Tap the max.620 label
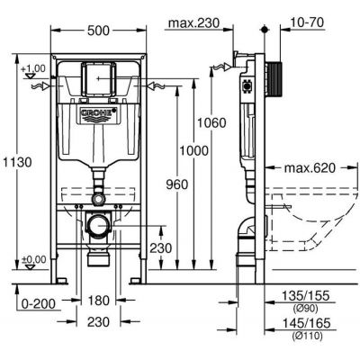[310, 168]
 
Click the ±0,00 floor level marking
[33, 260]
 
